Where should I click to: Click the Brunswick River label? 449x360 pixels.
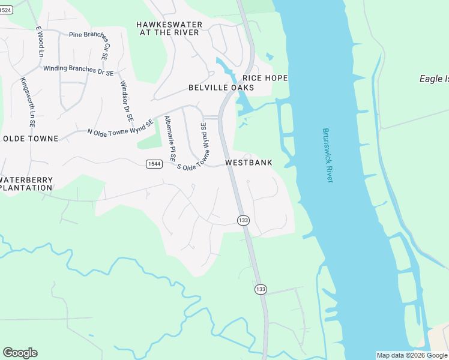[327, 155]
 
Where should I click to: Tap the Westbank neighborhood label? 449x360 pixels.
[249, 163]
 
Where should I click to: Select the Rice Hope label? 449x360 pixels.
[265, 78]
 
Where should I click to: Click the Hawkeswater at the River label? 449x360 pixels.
[169, 28]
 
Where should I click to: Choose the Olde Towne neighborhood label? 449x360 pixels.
[31, 139]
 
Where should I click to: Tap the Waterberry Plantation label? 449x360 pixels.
[26, 184]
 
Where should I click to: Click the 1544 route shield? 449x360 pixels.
[154, 164]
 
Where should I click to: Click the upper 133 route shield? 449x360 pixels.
[243, 220]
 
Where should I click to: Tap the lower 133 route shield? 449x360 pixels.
[260, 289]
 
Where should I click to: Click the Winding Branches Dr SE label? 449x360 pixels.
[78, 70]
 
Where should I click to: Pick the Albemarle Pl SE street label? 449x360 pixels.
[169, 139]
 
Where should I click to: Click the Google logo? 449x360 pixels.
[20, 353]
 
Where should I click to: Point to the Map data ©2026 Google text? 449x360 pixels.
[412, 355]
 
